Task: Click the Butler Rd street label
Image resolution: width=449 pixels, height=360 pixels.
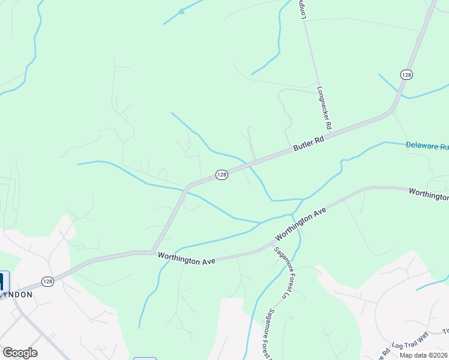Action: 309,143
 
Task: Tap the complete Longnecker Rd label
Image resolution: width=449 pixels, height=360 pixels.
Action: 324,109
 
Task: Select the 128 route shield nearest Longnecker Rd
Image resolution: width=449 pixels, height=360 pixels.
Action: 406,74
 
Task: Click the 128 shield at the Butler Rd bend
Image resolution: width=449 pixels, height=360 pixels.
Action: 221,174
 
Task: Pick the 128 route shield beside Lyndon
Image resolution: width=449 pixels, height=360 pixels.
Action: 48,281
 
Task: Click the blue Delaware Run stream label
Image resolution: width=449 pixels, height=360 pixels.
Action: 427,146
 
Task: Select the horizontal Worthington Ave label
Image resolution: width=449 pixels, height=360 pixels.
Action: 186,257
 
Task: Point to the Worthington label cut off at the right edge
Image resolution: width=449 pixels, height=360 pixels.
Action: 429,194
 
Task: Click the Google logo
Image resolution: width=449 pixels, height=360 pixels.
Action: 20,353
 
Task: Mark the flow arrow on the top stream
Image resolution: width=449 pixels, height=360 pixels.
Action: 181,11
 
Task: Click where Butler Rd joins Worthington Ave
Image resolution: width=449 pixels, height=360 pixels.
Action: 152,251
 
